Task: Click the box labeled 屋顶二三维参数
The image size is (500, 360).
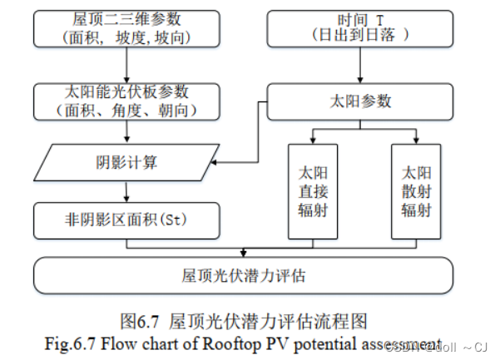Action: pyautogui.click(x=125, y=28)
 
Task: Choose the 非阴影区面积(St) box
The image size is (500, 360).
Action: pyautogui.click(x=125, y=220)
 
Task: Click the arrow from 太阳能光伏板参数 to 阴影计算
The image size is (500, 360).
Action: pyautogui.click(x=125, y=131)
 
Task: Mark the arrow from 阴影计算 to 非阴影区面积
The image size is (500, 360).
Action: pyautogui.click(x=125, y=192)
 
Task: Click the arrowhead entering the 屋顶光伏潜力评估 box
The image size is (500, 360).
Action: pyautogui.click(x=243, y=253)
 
